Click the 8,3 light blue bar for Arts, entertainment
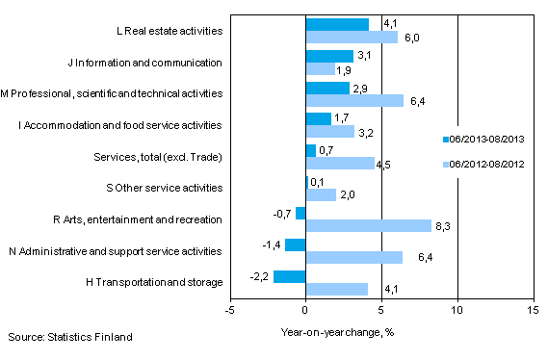368,226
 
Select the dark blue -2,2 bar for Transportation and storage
289,276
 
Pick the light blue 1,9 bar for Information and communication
320,69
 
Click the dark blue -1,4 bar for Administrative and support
295,244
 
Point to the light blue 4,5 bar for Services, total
339,163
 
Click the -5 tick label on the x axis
229,311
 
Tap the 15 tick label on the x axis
532,311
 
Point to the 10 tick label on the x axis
457,311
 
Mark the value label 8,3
441,226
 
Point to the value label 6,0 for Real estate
408,38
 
